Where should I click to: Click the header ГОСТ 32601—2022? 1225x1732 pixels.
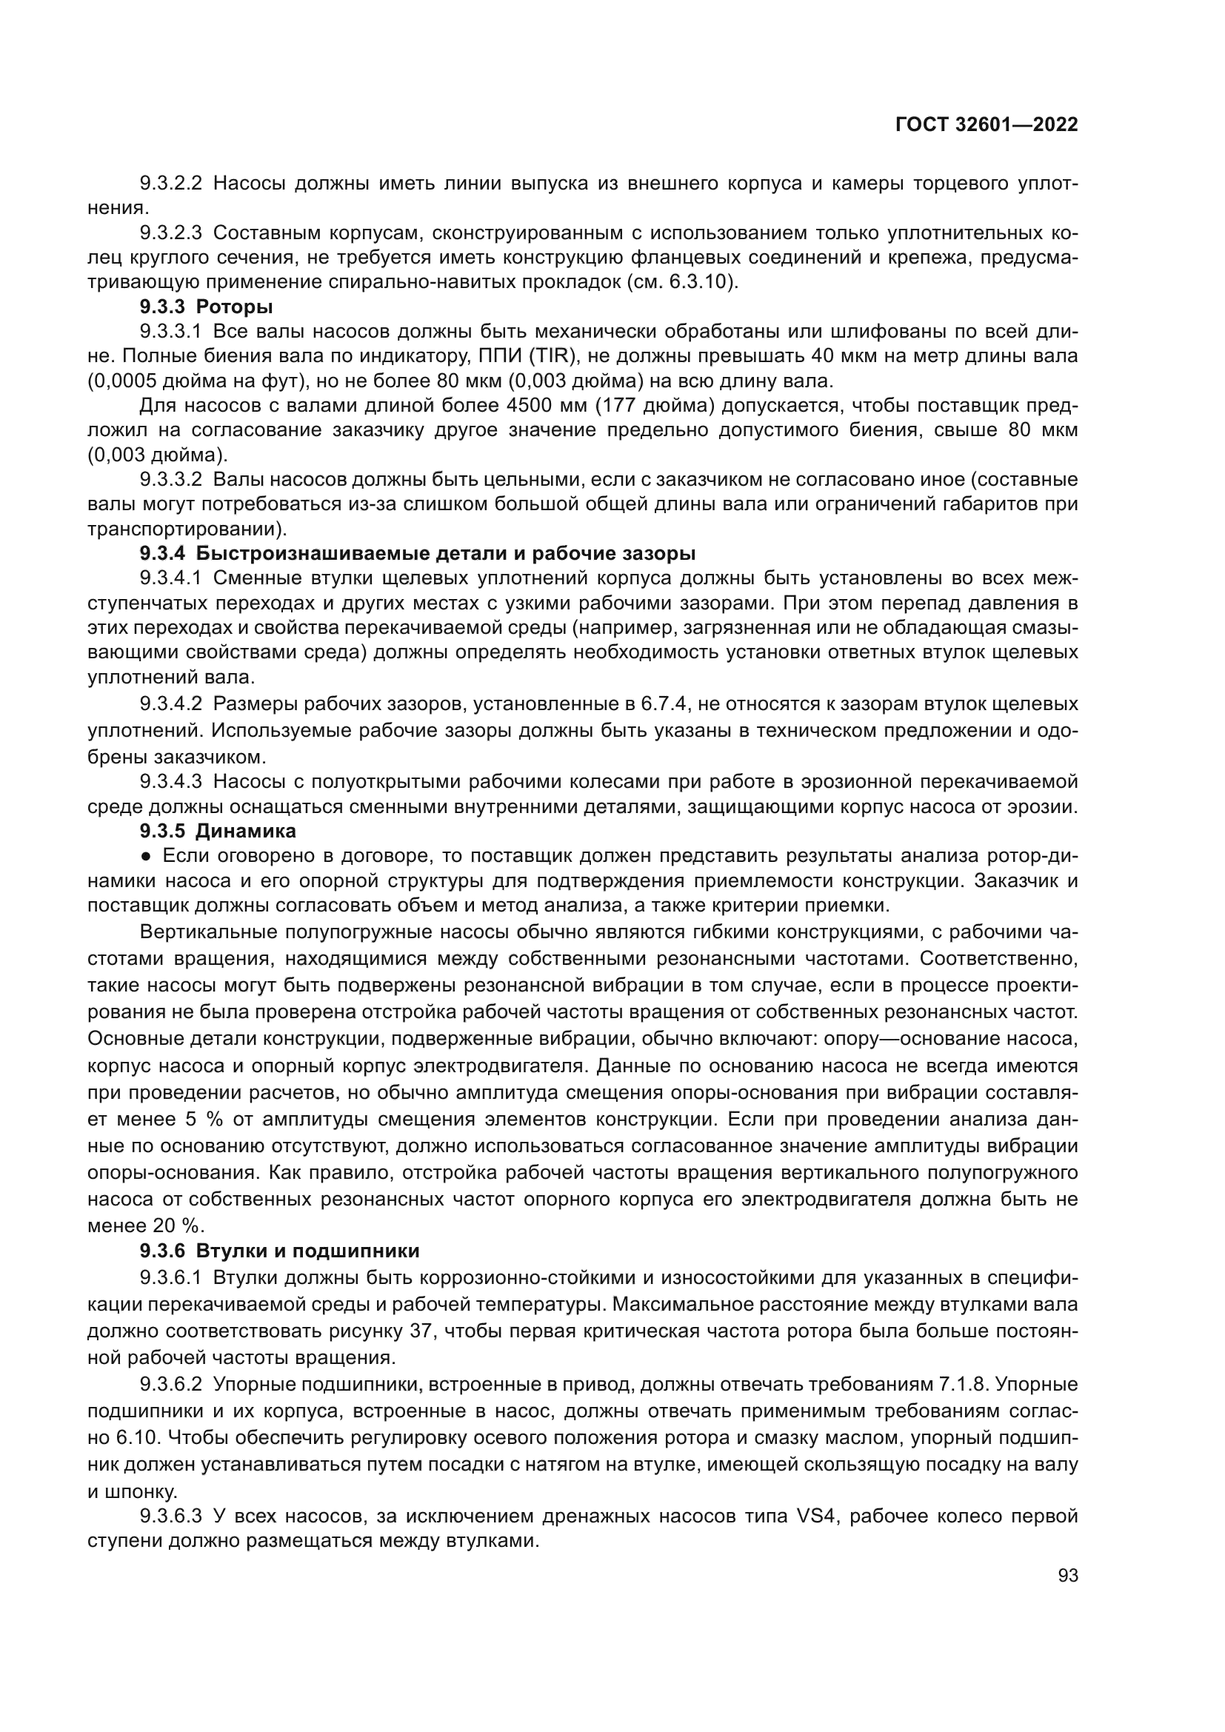point(987,125)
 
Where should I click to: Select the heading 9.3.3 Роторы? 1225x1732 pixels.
point(206,307)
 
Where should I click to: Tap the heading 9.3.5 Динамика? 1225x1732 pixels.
point(217,832)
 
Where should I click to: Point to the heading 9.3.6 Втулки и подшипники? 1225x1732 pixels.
point(279,1251)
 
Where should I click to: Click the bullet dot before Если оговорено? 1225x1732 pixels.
point(147,856)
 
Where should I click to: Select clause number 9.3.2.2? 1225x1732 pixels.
point(170,184)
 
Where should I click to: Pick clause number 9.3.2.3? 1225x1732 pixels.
point(170,233)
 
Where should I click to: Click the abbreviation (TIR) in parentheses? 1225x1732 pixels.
point(553,356)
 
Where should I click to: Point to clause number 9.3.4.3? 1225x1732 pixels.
point(170,781)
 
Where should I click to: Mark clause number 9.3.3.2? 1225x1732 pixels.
point(170,480)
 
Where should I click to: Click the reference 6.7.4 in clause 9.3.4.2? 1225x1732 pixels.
point(664,704)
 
